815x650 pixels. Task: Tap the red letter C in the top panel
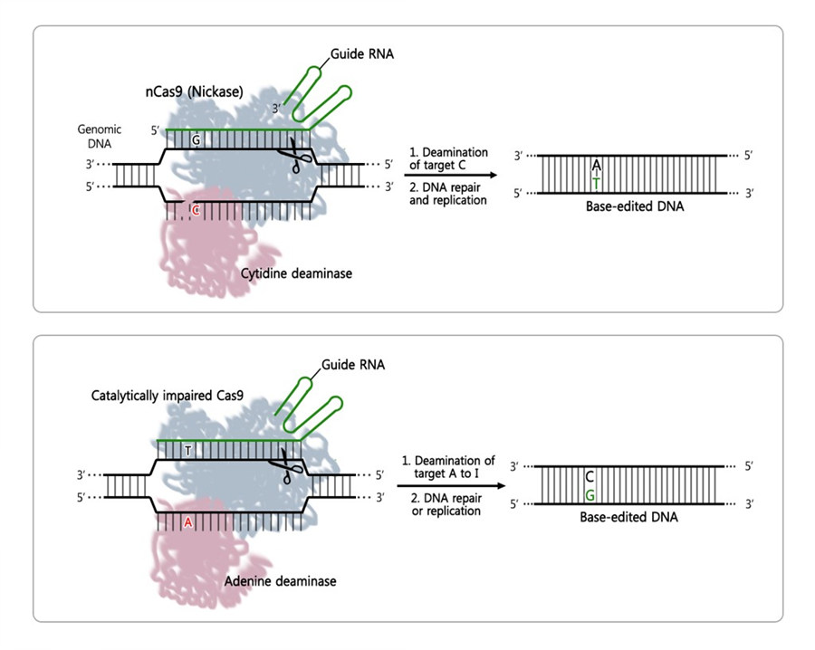tap(195, 210)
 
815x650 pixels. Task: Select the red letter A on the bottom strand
tap(188, 521)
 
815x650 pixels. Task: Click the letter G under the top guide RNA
tap(196, 140)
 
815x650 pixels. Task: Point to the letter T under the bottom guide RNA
tap(187, 450)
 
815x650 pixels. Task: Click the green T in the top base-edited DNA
tap(595, 182)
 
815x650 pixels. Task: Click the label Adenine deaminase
tap(280, 580)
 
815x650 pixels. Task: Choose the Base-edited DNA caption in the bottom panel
tap(628, 518)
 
